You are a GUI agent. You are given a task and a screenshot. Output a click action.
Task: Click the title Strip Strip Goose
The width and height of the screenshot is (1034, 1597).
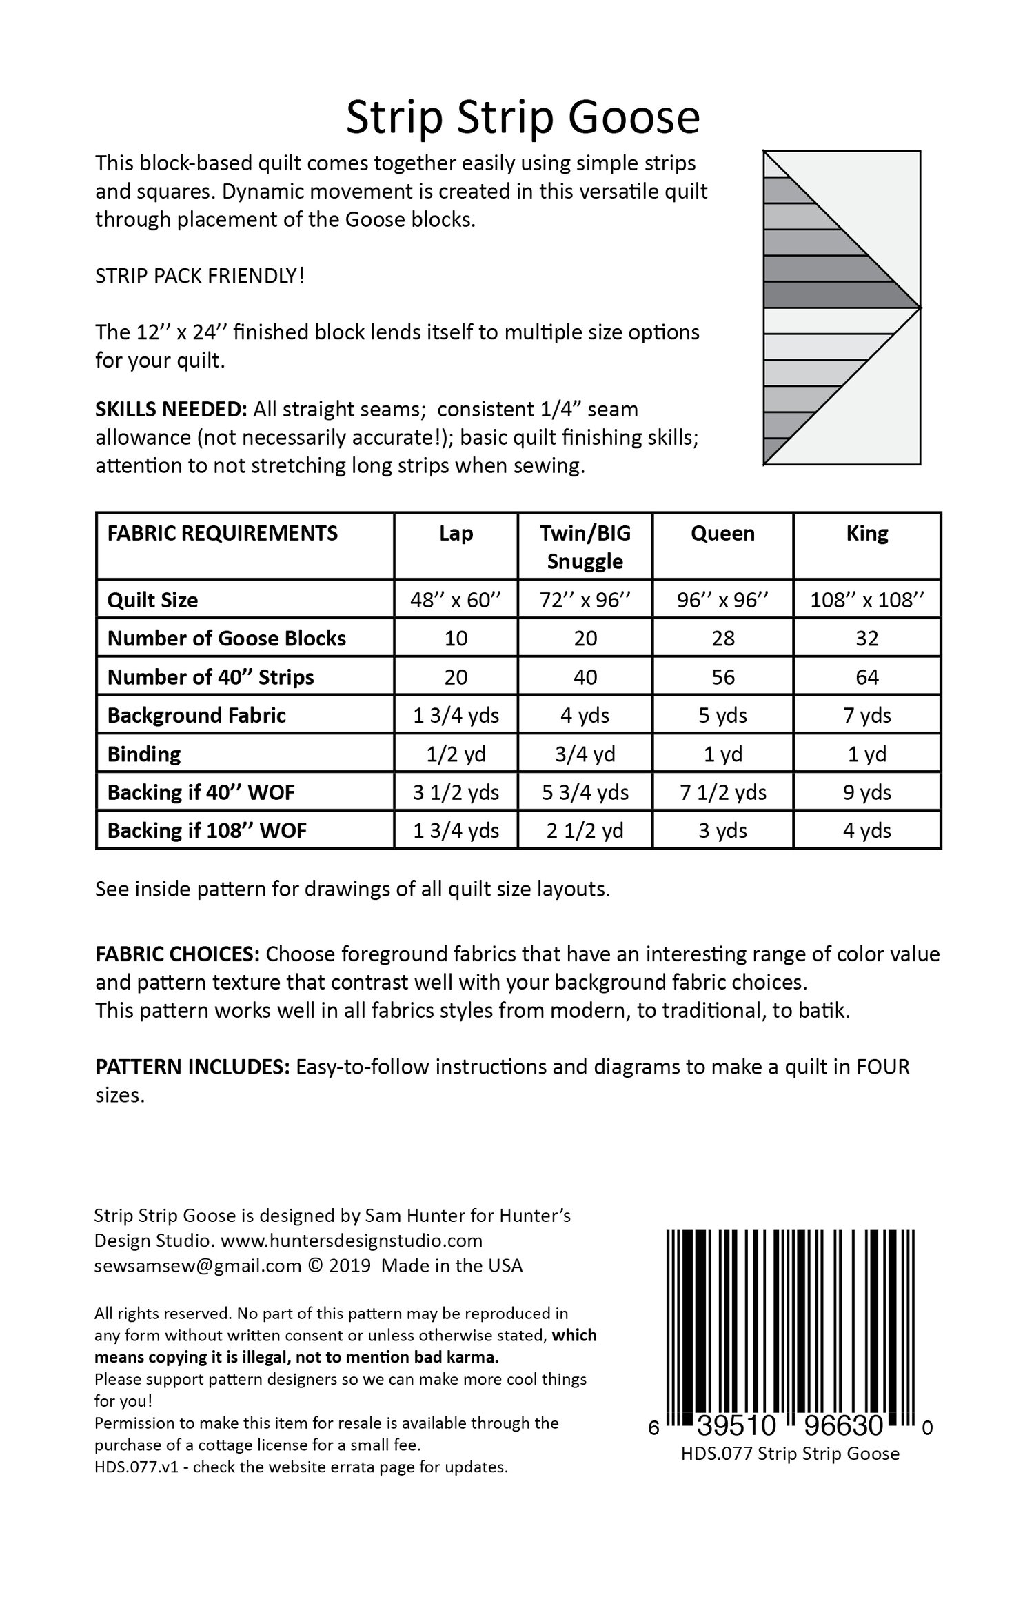pyautogui.click(x=523, y=118)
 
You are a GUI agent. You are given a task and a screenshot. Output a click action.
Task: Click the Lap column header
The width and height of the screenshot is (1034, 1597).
pyautogui.click(x=456, y=533)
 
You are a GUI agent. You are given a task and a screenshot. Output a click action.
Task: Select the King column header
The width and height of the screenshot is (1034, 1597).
pyautogui.click(x=866, y=533)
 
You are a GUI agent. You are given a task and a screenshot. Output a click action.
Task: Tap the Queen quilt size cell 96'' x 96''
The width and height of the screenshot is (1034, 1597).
pyautogui.click(x=722, y=599)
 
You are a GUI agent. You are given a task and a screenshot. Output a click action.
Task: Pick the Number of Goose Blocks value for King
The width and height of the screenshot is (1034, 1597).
pyautogui.click(x=866, y=638)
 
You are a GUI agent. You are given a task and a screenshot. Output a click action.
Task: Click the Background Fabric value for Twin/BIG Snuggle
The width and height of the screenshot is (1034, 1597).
pyautogui.click(x=585, y=715)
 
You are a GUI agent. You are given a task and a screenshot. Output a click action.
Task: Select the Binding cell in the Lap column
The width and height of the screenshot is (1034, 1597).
pyautogui.click(x=456, y=754)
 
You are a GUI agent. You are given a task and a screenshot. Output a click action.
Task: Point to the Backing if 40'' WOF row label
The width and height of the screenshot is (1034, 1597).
pyautogui.click(x=201, y=792)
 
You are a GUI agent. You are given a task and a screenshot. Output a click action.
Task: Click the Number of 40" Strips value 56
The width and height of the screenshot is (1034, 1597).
pyautogui.click(x=722, y=676)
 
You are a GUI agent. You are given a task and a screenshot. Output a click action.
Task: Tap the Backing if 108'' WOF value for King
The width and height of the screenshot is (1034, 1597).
pyautogui.click(x=866, y=830)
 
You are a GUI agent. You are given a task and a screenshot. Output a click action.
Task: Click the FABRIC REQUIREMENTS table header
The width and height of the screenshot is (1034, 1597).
pyautogui.click(x=222, y=533)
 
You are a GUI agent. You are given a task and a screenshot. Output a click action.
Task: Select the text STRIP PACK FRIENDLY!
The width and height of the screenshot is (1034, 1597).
pyautogui.click(x=200, y=276)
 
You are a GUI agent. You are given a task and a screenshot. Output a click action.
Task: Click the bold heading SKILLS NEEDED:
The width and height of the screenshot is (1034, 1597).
pyautogui.click(x=171, y=409)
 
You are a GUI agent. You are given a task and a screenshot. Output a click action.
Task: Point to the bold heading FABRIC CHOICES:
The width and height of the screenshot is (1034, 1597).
pyautogui.click(x=177, y=954)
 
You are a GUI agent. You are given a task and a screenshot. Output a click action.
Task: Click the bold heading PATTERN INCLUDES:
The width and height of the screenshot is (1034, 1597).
pyautogui.click(x=192, y=1067)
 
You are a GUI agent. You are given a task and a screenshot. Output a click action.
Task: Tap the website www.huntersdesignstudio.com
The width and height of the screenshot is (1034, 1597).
pyautogui.click(x=352, y=1241)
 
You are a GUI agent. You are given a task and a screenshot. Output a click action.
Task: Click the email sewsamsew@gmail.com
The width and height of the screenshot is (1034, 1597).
pyautogui.click(x=198, y=1265)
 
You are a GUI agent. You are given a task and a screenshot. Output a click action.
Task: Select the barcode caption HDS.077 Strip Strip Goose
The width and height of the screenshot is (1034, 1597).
pyautogui.click(x=790, y=1434)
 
